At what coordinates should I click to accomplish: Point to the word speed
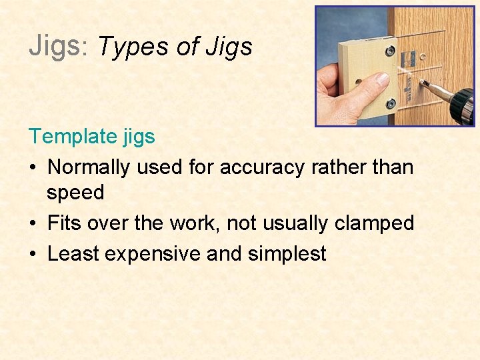[75, 193]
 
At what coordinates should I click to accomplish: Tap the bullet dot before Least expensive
[33, 254]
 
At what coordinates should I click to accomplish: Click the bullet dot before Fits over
[33, 223]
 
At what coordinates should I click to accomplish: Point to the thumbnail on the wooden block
[382, 79]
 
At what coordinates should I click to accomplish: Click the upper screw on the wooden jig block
[390, 51]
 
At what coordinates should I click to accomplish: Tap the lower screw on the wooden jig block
[391, 103]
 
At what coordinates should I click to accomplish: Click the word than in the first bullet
[393, 167]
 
